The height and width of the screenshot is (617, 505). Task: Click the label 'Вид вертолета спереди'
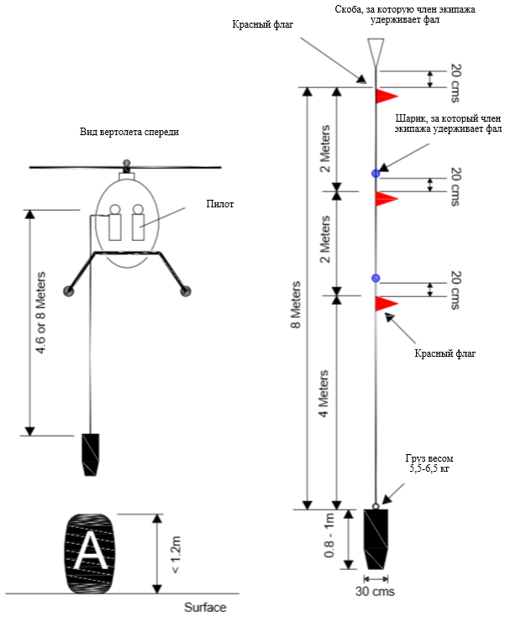[129, 133]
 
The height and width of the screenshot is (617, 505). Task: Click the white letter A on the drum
[89, 551]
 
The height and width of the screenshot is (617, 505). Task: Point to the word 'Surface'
[205, 607]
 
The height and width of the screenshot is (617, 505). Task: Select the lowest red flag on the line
[386, 303]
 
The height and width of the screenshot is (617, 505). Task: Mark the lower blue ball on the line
[376, 278]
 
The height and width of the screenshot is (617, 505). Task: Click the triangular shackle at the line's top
[376, 51]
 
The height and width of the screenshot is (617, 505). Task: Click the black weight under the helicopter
[90, 454]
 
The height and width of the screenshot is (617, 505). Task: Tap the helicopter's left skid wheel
[68, 291]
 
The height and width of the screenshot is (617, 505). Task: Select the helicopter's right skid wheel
[187, 291]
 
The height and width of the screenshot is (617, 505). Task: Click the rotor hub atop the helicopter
[127, 161]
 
